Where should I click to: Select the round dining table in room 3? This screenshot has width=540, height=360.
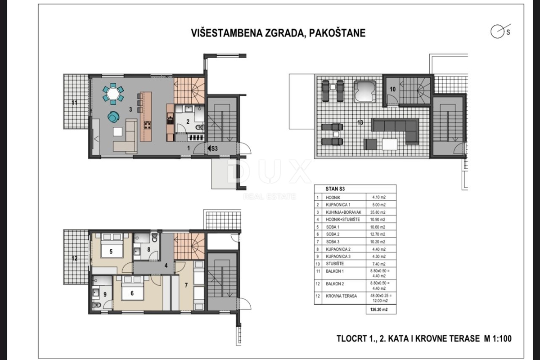point(113,94)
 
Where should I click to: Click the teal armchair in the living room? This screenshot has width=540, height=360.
point(113,117)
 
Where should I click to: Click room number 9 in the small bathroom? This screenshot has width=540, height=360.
point(105,295)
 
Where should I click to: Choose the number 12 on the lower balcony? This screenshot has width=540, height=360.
point(74,258)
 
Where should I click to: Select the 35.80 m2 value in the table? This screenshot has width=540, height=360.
point(378,212)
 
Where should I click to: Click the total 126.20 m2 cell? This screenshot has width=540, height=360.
point(378,310)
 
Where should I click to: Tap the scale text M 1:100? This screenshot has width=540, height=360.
point(496,338)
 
